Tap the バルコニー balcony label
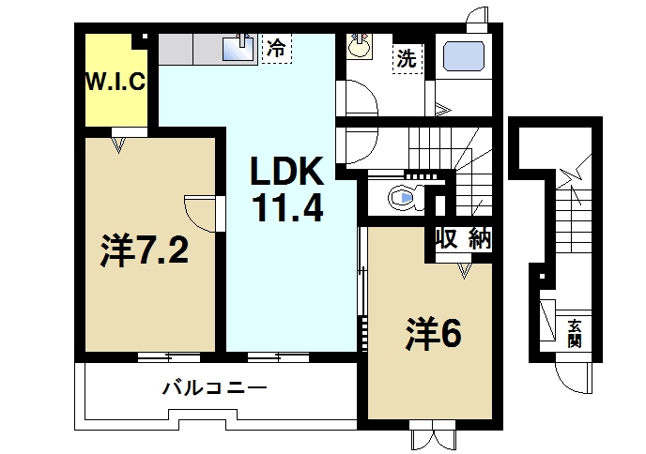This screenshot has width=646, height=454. pos(215,386)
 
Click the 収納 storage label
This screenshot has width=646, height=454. pos(463,239)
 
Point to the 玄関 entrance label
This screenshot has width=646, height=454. pos(574,333)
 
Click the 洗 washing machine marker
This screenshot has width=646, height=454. pos(406,57)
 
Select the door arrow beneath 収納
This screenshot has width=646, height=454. pos(463,270)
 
